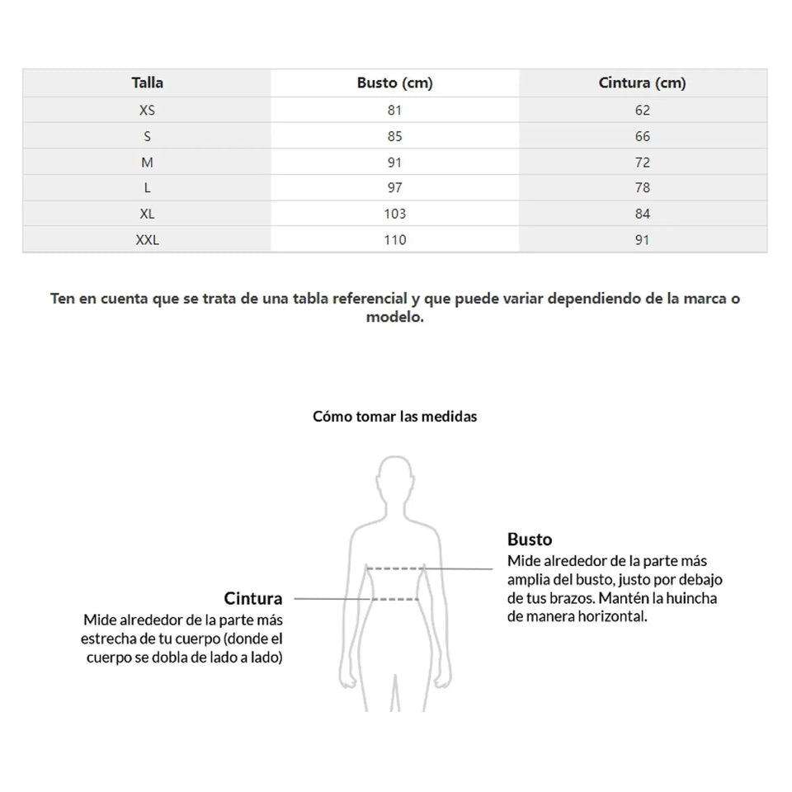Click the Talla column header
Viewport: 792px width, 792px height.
pos(147,82)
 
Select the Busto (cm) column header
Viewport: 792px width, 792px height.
pos(394,82)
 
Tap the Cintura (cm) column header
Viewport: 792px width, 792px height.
pos(642,82)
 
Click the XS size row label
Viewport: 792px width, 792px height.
pos(147,110)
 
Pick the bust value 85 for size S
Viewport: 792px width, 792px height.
pos(394,136)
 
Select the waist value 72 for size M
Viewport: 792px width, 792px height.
pos(643,163)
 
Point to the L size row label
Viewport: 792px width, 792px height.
pos(147,188)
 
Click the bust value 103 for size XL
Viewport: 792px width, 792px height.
pos(394,214)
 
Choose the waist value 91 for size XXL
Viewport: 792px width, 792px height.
pos(643,240)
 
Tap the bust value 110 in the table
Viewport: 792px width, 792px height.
pos(394,240)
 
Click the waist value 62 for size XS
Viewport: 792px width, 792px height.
pos(643,110)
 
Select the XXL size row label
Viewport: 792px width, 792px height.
pos(147,240)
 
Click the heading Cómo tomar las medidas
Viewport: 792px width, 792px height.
pos(394,417)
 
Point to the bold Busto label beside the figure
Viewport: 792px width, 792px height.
pos(530,540)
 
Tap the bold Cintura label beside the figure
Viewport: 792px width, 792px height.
pos(253,598)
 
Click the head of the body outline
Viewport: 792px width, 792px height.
pos(394,481)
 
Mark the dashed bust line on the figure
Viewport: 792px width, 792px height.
pos(395,568)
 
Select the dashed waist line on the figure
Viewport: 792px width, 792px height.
pos(394,597)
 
